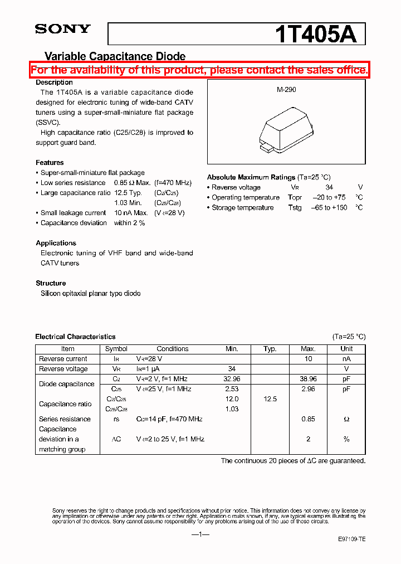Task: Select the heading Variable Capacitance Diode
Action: (x=115, y=56)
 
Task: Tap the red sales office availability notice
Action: (x=199, y=70)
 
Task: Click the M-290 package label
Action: (x=286, y=89)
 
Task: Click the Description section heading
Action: (x=54, y=82)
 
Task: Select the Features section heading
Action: (x=50, y=163)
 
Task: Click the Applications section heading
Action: (x=56, y=243)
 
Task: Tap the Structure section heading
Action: (x=51, y=283)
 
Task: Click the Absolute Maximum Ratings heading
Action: (x=251, y=177)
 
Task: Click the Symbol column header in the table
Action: (x=116, y=349)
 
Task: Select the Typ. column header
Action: (x=270, y=349)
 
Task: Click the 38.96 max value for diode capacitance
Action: (x=308, y=378)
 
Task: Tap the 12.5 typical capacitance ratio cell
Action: (x=270, y=399)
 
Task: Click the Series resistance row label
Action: (x=65, y=419)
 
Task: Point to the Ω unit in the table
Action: (x=346, y=419)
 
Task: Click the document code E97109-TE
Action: (x=351, y=539)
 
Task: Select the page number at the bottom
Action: (x=200, y=534)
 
